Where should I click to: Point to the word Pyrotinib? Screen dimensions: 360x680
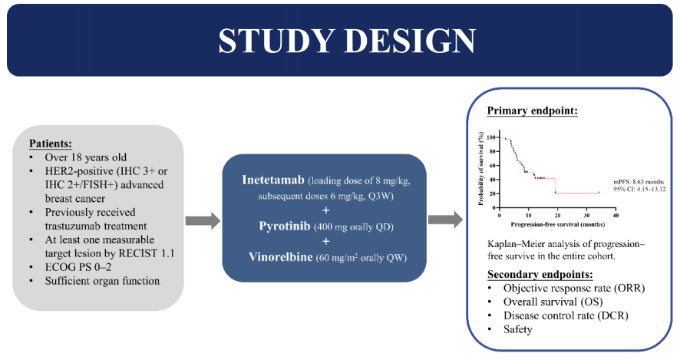(x=285, y=228)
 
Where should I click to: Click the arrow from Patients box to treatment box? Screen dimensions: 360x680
(x=203, y=221)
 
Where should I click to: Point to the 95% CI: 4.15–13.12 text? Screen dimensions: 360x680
(x=638, y=188)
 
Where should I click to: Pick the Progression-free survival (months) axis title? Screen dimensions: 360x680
(x=547, y=225)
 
